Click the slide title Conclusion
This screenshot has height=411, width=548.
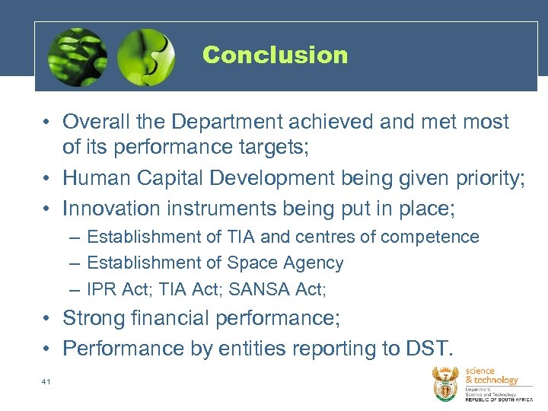(x=275, y=55)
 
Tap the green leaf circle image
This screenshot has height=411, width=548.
(x=76, y=57)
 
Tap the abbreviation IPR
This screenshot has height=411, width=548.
(x=104, y=289)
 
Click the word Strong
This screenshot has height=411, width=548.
(x=94, y=317)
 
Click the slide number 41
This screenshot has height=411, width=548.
(x=46, y=381)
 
